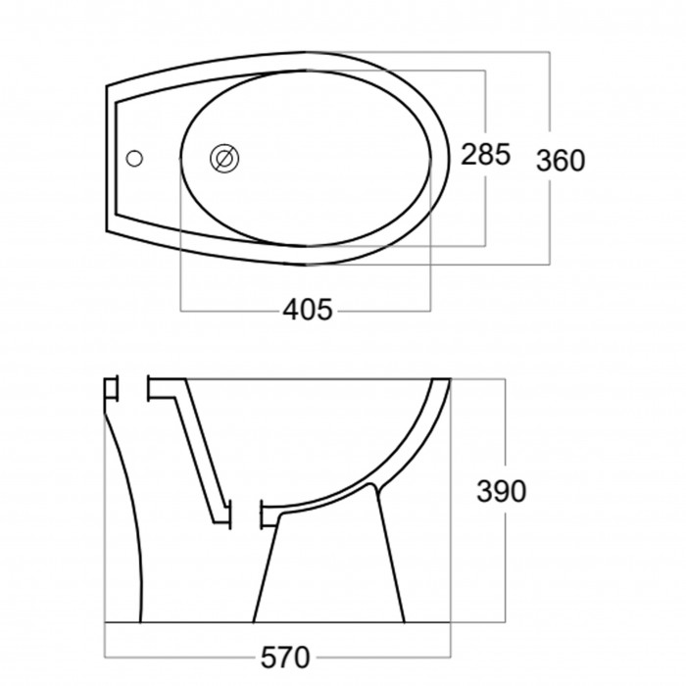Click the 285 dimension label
point(486,155)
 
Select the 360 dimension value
point(561,160)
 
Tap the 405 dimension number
point(308,310)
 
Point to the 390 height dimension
point(501,491)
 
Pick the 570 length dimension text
point(285,658)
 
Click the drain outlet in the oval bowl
point(224,159)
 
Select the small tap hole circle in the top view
point(134,159)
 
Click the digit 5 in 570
point(269,658)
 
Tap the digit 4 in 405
point(291,310)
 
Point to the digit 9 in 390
point(502,491)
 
